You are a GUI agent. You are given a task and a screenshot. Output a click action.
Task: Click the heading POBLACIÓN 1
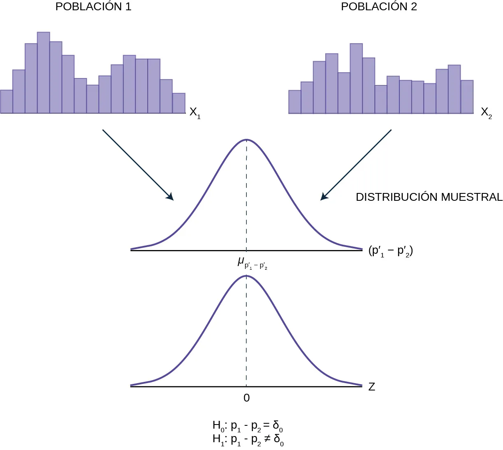point(93,7)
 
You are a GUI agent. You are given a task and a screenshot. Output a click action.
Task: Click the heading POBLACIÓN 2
point(379,7)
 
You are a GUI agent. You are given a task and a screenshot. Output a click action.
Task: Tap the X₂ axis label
point(486,112)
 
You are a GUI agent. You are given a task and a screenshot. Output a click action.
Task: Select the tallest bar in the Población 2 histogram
point(356,78)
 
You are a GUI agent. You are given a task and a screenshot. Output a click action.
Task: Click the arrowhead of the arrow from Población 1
point(170,197)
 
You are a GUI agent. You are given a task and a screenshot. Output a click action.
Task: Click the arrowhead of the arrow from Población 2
point(324,197)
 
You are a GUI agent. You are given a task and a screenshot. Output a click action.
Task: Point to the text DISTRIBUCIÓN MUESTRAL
point(429,197)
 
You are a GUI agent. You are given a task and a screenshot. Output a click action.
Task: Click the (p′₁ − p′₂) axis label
point(390,250)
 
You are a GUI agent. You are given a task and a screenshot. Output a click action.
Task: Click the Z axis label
point(372,387)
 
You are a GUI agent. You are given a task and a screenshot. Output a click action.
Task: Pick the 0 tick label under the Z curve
point(246,398)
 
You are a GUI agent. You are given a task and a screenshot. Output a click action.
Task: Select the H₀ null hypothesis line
point(248,426)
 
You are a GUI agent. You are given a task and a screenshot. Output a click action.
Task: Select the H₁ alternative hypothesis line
point(248,440)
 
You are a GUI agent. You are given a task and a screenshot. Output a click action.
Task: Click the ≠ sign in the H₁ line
point(267,439)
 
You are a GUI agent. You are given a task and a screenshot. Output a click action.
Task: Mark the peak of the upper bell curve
point(246,140)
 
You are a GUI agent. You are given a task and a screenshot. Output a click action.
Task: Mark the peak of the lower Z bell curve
point(246,276)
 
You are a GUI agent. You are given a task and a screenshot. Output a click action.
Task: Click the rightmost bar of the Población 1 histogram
point(179,103)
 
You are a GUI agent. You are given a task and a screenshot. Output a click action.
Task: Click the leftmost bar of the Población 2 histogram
point(295,102)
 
